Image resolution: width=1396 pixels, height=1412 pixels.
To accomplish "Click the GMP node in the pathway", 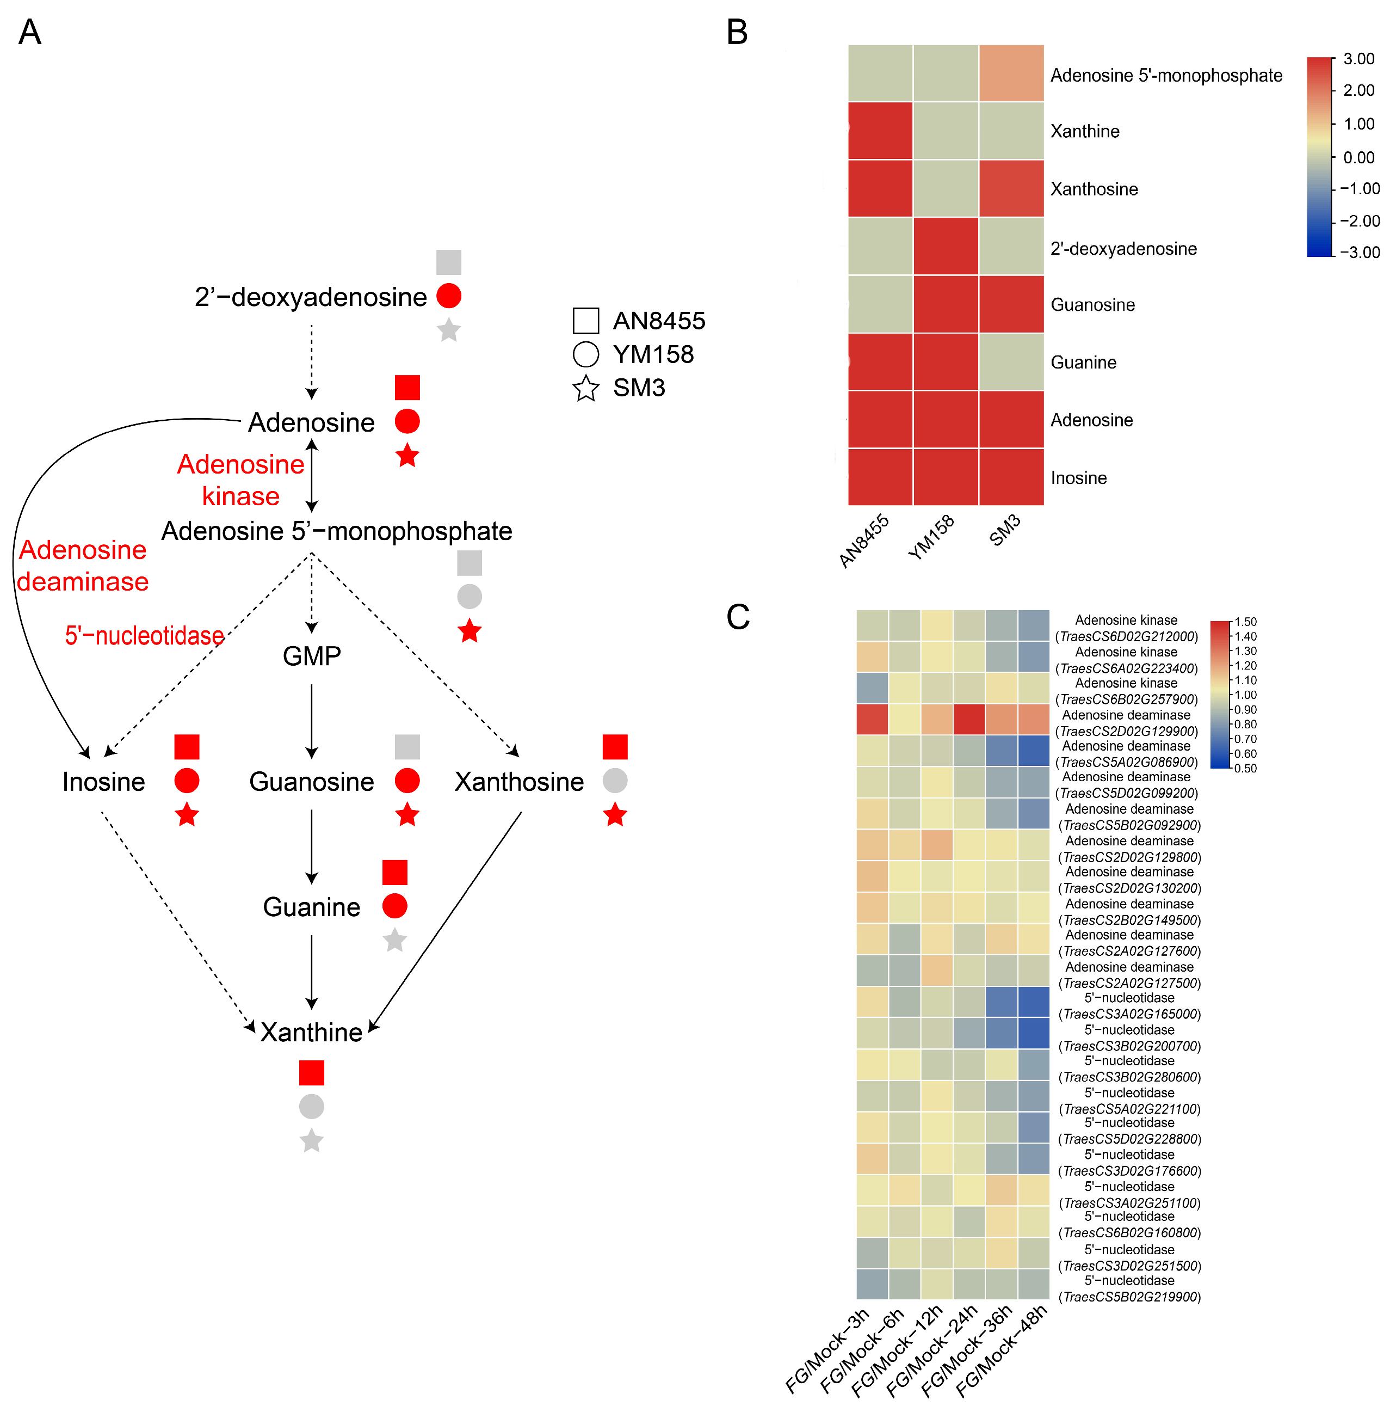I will tap(311, 655).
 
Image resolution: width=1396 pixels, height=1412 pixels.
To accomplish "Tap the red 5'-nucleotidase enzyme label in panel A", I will tap(144, 635).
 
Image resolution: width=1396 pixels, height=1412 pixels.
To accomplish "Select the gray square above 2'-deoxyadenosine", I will tap(448, 262).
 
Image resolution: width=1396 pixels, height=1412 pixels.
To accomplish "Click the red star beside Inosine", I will tap(187, 814).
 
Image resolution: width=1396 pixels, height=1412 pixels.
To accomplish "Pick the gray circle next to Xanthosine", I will tap(615, 781).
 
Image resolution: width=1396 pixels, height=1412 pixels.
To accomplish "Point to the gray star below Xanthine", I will tap(311, 1140).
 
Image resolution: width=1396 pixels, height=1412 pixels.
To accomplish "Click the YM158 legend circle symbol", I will tap(585, 354).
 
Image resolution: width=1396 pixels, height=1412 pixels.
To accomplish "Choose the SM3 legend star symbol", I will tap(585, 388).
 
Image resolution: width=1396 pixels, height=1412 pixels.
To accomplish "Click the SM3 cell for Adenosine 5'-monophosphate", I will tap(1011, 73).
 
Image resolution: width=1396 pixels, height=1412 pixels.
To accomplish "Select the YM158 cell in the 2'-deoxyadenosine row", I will tap(946, 246).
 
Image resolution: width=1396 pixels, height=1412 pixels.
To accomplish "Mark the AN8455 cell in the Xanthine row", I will tap(880, 131).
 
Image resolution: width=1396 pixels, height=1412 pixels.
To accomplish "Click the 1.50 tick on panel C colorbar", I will tap(1245, 622).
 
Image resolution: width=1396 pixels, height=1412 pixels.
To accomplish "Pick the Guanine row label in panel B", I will tap(1083, 363).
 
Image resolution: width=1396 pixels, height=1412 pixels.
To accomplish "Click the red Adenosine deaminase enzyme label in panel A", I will tap(83, 566).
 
